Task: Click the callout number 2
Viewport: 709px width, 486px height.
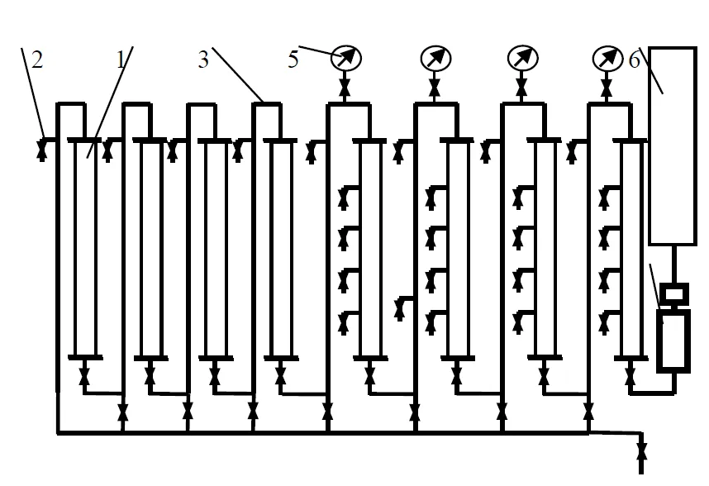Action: (36, 60)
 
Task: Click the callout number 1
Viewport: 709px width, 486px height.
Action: (121, 60)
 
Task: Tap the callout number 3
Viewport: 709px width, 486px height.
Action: (203, 60)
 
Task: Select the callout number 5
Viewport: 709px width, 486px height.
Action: (293, 60)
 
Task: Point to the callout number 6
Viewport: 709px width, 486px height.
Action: (635, 60)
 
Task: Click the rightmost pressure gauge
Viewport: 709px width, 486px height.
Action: (607, 58)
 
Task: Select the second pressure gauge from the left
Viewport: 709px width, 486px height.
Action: (433, 58)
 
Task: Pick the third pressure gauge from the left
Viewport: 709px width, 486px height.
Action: (521, 58)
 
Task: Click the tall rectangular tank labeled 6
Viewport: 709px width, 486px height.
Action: (672, 145)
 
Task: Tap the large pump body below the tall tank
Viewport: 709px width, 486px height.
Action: (673, 341)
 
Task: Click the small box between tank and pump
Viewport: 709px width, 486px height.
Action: (673, 293)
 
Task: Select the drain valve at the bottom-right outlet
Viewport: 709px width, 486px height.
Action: (641, 452)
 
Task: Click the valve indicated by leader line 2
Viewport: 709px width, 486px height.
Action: (42, 150)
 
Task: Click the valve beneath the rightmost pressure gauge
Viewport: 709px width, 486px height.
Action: (607, 86)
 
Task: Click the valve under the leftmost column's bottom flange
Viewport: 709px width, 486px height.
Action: (84, 378)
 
